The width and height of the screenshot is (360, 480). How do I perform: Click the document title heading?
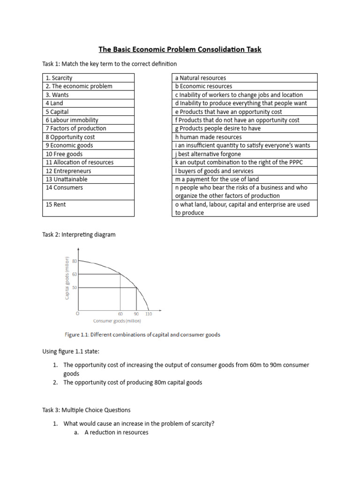180,49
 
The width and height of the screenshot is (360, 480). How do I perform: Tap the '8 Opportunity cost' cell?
70,137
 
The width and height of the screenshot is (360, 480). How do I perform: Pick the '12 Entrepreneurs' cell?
68,171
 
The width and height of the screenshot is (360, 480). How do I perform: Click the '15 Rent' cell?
55,204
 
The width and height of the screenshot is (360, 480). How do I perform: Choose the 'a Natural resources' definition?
200,78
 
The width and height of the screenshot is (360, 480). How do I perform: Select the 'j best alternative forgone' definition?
208,154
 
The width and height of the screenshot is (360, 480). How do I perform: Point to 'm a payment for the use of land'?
217,179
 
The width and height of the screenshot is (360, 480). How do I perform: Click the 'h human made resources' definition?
208,137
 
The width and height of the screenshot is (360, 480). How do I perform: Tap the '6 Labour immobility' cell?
72,120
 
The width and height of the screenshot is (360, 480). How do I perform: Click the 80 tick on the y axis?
74,261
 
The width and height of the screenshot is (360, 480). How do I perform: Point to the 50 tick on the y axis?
74,287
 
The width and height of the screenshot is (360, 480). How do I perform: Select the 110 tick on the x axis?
149,314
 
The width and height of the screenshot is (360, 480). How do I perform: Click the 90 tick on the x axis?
136,314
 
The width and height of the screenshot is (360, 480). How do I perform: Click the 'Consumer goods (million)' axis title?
117,321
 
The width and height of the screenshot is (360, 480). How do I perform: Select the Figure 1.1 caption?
142,335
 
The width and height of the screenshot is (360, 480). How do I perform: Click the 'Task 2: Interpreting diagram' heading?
79,234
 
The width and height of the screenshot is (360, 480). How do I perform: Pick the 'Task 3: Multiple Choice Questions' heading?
86,410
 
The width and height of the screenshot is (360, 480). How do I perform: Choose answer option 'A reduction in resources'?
116,432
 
